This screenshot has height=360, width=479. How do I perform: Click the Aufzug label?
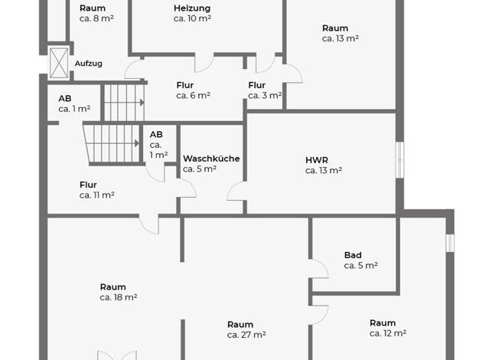coord(88,64)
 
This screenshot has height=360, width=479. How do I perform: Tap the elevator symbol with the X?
coord(59,63)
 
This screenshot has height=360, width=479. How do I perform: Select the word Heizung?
coord(192,8)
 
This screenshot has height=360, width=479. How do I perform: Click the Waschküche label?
coord(211,159)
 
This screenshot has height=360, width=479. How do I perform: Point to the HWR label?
coord(317,160)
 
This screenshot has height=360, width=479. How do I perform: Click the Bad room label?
coord(353,255)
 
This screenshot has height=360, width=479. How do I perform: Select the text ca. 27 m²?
coord(246,335)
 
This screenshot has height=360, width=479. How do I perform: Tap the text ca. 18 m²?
coord(119,297)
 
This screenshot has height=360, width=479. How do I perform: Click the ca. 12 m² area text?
coord(388,333)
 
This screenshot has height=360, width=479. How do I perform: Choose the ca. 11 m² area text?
coord(97,195)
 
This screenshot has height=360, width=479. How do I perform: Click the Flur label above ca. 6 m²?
coord(185,85)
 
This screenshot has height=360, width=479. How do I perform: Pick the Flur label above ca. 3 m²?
coord(256,85)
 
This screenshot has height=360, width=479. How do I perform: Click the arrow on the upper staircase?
coord(142,103)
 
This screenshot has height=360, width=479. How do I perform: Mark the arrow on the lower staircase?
coord(137,143)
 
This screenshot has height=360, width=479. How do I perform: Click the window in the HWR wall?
coord(400,159)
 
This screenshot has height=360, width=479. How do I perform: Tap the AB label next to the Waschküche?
coord(156,135)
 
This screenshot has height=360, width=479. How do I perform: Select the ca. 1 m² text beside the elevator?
coord(74,109)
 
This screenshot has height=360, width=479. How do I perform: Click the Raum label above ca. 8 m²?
coord(93,8)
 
